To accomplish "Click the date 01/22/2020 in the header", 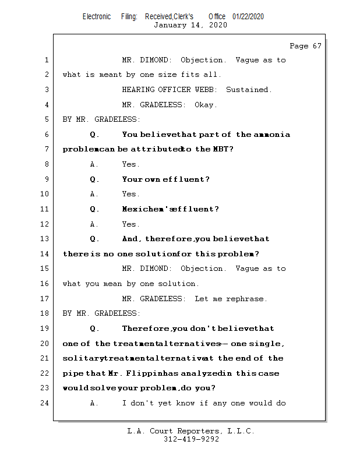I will [248, 16].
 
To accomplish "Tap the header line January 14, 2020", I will [190, 25].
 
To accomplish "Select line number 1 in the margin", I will [47, 60].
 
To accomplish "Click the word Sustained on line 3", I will [249, 90].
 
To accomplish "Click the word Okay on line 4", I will [206, 105].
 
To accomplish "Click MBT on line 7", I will [221, 149].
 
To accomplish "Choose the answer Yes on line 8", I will [130, 164].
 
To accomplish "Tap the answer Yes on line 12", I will [130, 224].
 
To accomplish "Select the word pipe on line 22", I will [72, 373].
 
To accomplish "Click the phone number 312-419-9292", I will [190, 439].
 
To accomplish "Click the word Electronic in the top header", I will [97, 16].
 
